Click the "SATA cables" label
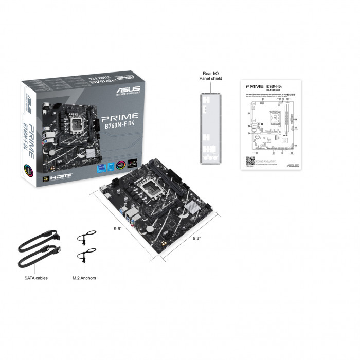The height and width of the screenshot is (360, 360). pos(36,278)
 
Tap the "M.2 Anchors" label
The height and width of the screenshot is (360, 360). pos(84,278)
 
